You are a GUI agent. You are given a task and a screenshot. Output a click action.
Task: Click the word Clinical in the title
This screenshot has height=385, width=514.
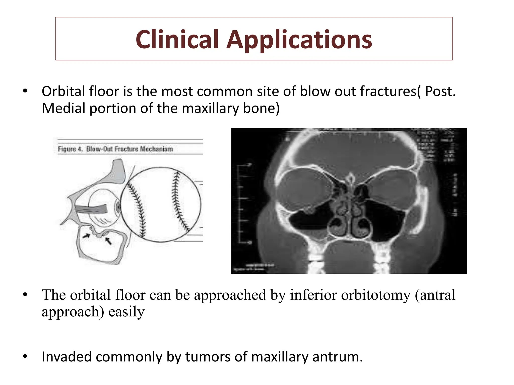[177, 39]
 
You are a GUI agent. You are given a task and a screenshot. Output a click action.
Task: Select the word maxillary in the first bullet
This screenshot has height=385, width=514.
[211, 108]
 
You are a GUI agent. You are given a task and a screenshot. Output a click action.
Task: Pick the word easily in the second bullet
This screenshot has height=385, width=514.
[126, 312]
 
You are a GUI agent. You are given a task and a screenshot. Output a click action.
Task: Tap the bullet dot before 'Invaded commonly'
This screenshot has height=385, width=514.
[25, 356]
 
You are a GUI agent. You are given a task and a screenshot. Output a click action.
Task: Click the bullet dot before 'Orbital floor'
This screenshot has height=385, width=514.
[25, 91]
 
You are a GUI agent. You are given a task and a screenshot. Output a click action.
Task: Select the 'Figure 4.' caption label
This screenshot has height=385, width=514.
[70, 149]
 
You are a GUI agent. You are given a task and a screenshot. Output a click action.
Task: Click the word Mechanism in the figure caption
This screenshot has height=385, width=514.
[156, 149]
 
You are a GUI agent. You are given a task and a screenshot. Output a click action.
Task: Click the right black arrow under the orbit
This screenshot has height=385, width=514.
[108, 241]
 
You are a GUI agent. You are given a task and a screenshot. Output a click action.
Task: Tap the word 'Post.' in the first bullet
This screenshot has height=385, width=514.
[440, 91]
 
